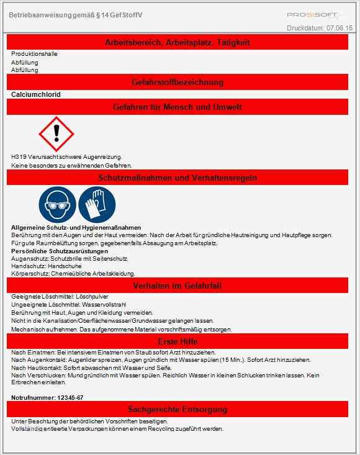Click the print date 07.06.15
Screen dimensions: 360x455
[340, 29]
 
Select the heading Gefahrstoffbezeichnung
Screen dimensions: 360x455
[178, 82]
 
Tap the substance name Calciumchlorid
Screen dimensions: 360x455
[36, 94]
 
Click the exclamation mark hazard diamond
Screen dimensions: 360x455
[56, 133]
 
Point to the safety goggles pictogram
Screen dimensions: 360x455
[57, 204]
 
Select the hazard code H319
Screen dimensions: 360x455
[19, 157]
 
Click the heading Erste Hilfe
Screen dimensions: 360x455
[178, 342]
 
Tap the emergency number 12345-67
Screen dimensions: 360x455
[70, 397]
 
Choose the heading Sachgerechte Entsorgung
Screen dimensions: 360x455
[178, 409]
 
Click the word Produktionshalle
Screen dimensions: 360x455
[34, 54]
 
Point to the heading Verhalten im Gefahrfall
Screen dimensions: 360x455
[178, 286]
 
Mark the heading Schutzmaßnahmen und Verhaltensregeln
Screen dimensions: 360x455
[178, 178]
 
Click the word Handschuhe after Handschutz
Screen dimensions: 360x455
[64, 266]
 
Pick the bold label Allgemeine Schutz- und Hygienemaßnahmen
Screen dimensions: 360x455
[76, 228]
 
